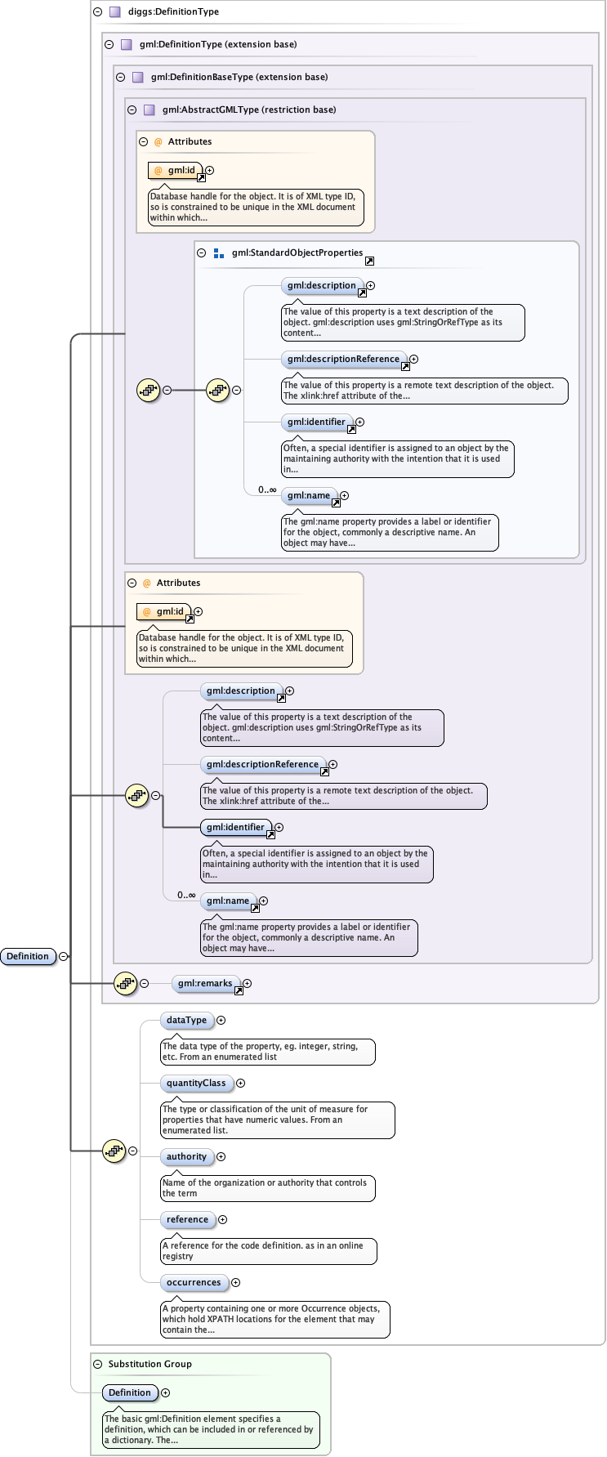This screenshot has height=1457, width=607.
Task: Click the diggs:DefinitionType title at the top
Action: [x=173, y=12]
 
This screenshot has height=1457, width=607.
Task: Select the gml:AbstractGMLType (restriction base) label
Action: [x=248, y=109]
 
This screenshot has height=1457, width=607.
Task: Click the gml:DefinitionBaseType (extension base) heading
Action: [x=239, y=77]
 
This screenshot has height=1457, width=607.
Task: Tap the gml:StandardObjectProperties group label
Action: [x=297, y=253]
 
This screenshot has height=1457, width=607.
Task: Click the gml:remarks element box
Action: [x=205, y=984]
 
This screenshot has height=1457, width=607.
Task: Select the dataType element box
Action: [x=187, y=1021]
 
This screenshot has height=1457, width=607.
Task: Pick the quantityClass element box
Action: [x=196, y=1084]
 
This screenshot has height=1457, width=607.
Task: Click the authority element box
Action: [x=187, y=1157]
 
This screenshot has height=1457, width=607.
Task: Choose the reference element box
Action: [x=188, y=1220]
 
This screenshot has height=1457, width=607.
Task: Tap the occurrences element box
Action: [x=194, y=1283]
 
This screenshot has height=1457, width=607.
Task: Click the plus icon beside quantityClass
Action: [x=240, y=1084]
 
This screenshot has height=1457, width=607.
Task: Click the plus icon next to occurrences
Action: [x=235, y=1283]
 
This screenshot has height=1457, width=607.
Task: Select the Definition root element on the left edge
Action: [x=28, y=957]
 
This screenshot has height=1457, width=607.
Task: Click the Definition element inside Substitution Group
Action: [x=129, y=1393]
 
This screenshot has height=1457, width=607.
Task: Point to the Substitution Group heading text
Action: [x=150, y=1364]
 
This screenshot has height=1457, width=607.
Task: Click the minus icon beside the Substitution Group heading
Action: [x=98, y=1364]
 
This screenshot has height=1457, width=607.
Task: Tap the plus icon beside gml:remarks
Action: [x=247, y=984]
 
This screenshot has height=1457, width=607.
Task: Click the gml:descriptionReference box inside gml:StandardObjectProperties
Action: [x=343, y=360]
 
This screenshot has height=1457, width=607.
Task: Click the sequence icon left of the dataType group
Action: [x=114, y=1151]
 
